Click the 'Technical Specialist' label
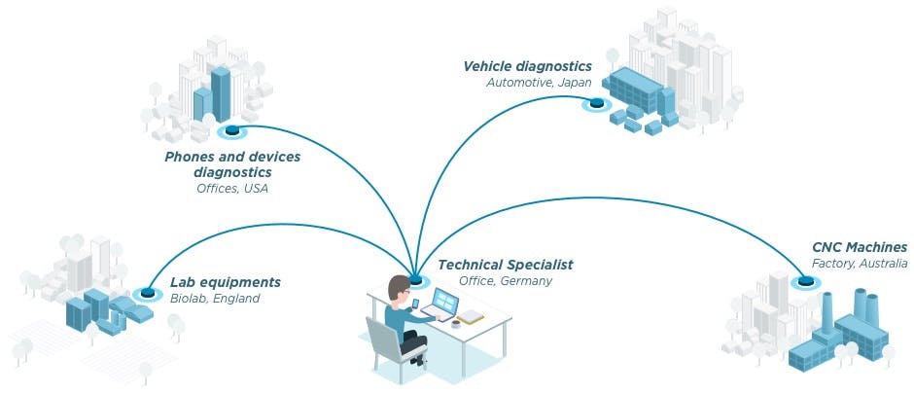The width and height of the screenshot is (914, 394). point(505,265)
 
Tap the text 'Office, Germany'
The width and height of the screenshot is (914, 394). point(505,281)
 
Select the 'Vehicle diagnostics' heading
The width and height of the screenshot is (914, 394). point(527,66)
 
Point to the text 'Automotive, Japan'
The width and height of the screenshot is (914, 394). point(539,83)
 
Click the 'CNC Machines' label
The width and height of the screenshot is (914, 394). point(860,247)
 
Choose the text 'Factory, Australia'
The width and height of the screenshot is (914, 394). point(860,264)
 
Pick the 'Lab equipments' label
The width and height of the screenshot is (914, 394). point(225,282)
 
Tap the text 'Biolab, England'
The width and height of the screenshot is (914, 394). point(215,299)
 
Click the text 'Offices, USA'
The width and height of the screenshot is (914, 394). point(231,188)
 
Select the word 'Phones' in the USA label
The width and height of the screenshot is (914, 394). point(191,156)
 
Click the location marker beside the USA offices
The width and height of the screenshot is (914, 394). point(231,131)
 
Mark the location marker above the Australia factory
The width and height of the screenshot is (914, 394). point(804,283)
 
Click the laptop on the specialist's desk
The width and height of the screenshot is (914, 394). point(445,304)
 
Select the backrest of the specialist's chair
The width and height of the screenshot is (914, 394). point(383,337)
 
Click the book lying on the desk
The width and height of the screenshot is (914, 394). point(471,317)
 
